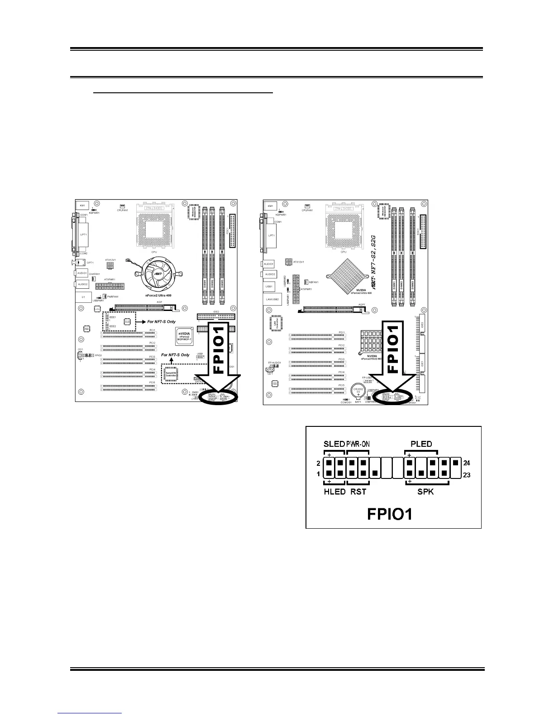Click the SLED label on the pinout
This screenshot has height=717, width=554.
(x=334, y=444)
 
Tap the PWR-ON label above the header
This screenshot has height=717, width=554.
(x=358, y=444)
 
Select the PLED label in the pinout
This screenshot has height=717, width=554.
(x=421, y=444)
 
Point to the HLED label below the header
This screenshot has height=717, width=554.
(x=334, y=492)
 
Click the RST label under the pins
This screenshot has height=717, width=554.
(x=358, y=492)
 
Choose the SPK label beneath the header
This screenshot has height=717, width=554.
(x=425, y=492)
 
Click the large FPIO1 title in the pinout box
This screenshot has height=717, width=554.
(x=389, y=514)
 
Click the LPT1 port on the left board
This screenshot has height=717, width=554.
(x=83, y=234)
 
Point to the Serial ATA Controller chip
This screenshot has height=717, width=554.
(x=171, y=373)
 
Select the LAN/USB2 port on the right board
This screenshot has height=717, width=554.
(x=271, y=299)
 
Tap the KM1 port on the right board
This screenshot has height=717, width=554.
(x=270, y=206)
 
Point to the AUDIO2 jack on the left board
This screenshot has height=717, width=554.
(x=82, y=284)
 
